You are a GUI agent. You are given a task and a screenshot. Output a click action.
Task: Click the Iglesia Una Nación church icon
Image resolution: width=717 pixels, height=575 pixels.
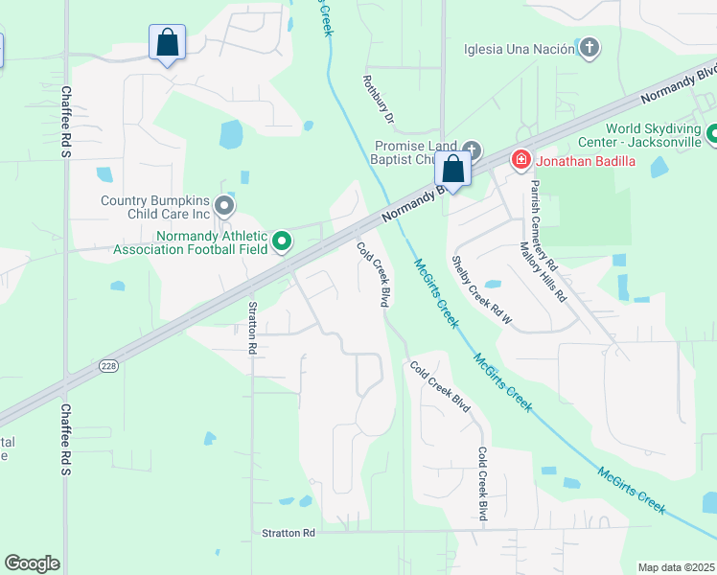click(590, 48)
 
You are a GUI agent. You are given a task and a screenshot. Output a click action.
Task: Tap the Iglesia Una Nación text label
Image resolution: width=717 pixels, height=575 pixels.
click(519, 49)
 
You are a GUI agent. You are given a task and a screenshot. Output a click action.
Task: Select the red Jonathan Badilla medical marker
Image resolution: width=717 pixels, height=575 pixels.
click(521, 160)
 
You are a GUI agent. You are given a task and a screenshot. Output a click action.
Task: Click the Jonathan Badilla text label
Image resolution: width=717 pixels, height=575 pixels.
click(585, 160)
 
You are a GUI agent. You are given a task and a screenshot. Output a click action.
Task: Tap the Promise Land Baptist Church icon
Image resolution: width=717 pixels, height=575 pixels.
click(471, 150)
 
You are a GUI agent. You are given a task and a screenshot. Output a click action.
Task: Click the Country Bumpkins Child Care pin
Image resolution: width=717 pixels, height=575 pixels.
click(223, 206)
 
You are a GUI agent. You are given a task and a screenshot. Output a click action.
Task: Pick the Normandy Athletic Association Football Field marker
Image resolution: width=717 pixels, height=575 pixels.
click(282, 242)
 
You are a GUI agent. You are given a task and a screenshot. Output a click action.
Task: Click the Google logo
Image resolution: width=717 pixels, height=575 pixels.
click(32, 563)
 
